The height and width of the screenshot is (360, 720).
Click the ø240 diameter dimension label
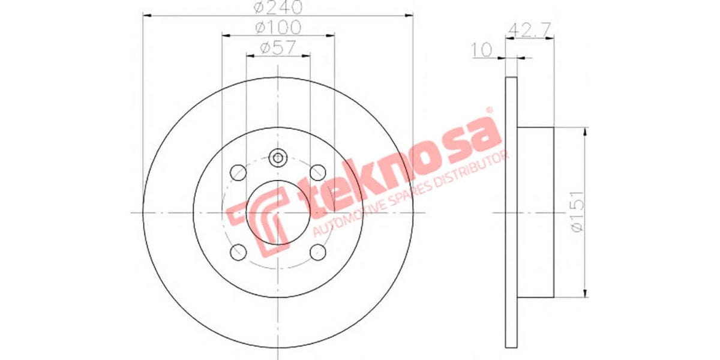(278, 8)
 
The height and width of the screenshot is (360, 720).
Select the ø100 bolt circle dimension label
(278, 28)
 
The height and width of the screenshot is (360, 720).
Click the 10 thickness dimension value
(482, 49)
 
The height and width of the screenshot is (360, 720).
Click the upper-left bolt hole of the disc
(239, 172)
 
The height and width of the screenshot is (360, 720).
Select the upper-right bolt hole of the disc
(317, 172)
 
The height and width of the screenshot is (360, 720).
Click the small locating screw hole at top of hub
(278, 158)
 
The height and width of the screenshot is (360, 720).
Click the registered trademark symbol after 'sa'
(488, 110)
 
